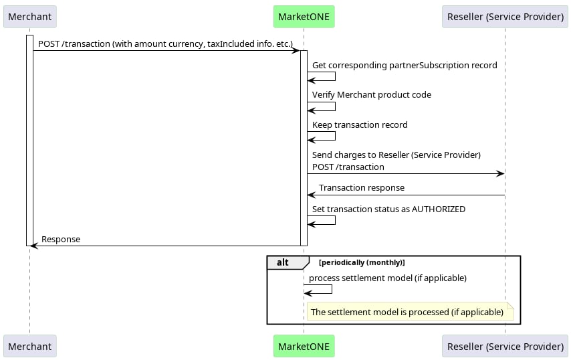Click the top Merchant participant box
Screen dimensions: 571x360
30,17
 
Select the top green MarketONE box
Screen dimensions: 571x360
304,17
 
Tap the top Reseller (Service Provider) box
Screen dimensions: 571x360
505,17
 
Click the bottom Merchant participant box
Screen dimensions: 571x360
30,346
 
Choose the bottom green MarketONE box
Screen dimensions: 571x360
304,346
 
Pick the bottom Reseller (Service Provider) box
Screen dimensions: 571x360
505,346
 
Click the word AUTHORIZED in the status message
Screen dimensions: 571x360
439,209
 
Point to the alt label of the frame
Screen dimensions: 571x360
283,262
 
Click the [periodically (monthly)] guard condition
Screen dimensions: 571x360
362,262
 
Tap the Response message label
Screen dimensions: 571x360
61,240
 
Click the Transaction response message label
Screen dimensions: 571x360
362,187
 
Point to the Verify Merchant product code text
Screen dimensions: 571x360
372,95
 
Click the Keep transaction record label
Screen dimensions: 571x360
360,124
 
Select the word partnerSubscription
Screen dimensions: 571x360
429,65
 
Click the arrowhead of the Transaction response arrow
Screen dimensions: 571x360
311,195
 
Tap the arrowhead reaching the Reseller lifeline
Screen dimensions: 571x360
501,174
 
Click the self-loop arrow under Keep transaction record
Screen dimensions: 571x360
335,136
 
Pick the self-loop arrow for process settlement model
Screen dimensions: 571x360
332,289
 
